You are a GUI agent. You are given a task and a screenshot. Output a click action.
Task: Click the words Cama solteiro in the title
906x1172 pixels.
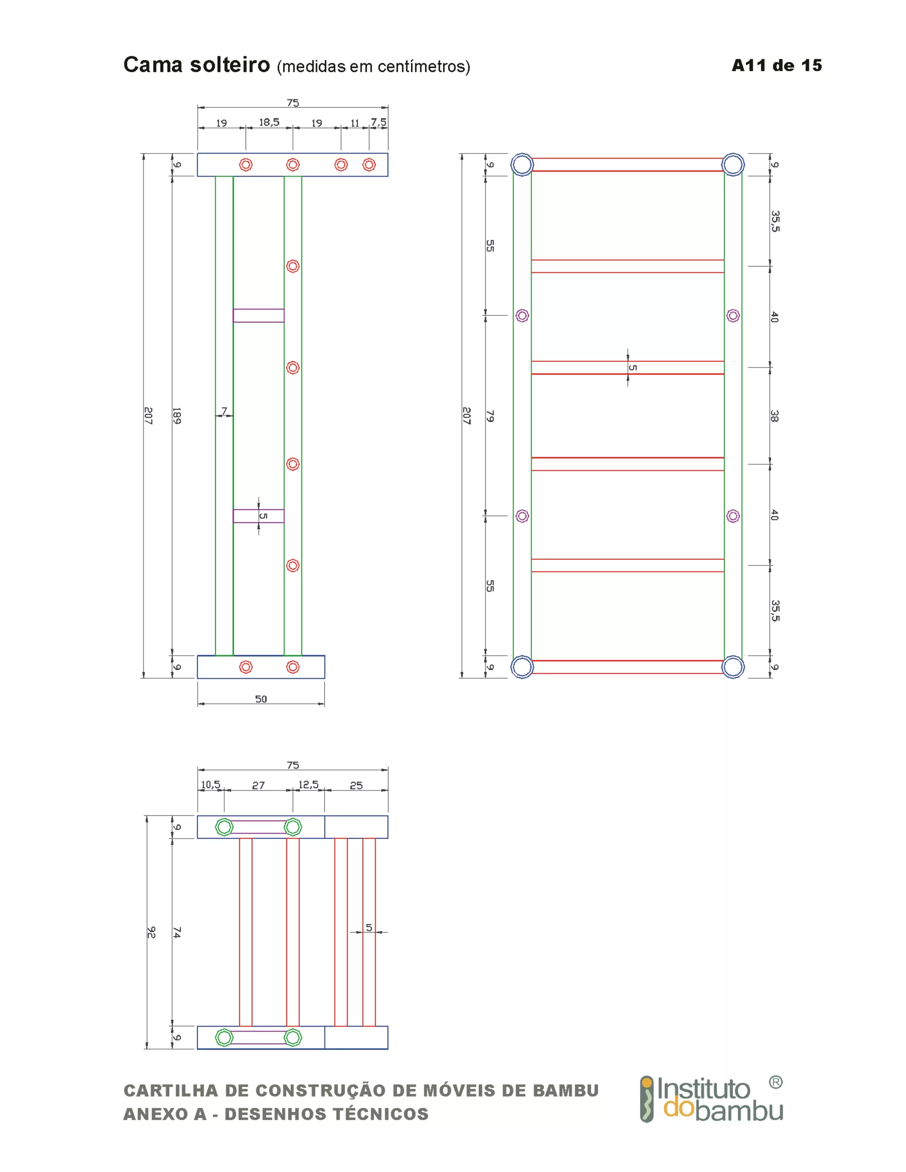[x=196, y=65]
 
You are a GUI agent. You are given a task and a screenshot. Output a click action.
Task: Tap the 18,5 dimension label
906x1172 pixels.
[x=269, y=123]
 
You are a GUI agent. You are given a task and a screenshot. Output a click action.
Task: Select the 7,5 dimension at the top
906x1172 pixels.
[x=378, y=123]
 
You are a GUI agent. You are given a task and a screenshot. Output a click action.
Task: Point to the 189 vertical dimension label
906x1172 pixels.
[x=177, y=416]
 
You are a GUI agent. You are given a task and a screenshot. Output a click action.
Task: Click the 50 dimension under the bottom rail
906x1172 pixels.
[x=261, y=699]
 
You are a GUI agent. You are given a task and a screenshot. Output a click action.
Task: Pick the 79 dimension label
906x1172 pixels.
[x=490, y=416]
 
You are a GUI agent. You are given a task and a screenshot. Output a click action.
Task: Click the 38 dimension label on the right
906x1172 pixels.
[x=774, y=416]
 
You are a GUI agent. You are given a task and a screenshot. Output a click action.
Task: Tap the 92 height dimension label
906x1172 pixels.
[x=151, y=932]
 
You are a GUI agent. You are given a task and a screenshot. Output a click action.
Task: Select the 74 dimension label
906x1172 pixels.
[x=177, y=932]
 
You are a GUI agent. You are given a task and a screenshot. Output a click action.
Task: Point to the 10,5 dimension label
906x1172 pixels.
[x=211, y=785]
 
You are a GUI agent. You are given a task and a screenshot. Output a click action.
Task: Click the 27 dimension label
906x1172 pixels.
[x=258, y=785]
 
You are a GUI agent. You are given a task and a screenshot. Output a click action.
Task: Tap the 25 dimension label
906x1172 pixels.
[x=356, y=785]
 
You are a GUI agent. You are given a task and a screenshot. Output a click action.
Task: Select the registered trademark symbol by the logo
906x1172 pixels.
[x=775, y=1082]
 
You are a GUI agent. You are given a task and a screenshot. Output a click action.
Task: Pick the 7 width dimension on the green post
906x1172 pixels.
[x=224, y=411]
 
